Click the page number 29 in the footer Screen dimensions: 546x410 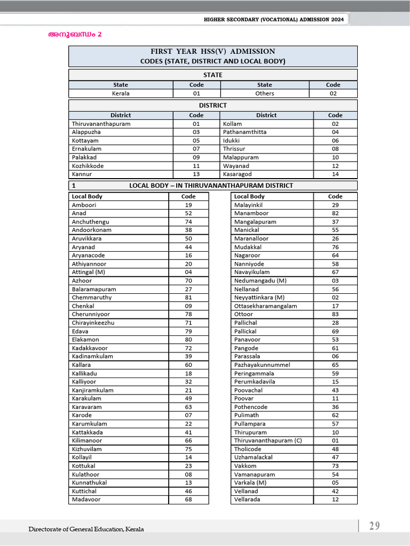(374, 526)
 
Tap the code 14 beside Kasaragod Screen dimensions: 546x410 (335, 174)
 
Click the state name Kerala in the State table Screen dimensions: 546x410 (121, 93)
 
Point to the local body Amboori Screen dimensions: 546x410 (83, 205)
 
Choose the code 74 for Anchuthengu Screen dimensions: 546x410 (188, 222)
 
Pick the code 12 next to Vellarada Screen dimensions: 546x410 (335, 500)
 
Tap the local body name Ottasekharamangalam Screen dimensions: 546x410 (265, 306)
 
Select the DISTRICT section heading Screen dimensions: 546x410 (212, 106)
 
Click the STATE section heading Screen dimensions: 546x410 (212, 75)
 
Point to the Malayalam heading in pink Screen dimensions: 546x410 (75, 35)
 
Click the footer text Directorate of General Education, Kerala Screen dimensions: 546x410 (86, 529)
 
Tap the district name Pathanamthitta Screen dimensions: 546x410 (245, 132)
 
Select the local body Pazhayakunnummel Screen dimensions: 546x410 (262, 365)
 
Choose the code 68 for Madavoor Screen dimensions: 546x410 (188, 500)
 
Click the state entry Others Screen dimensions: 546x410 (264, 93)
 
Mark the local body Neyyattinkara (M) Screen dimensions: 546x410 (259, 298)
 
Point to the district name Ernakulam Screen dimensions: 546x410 (86, 149)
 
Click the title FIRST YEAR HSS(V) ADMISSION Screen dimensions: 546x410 (212, 52)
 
